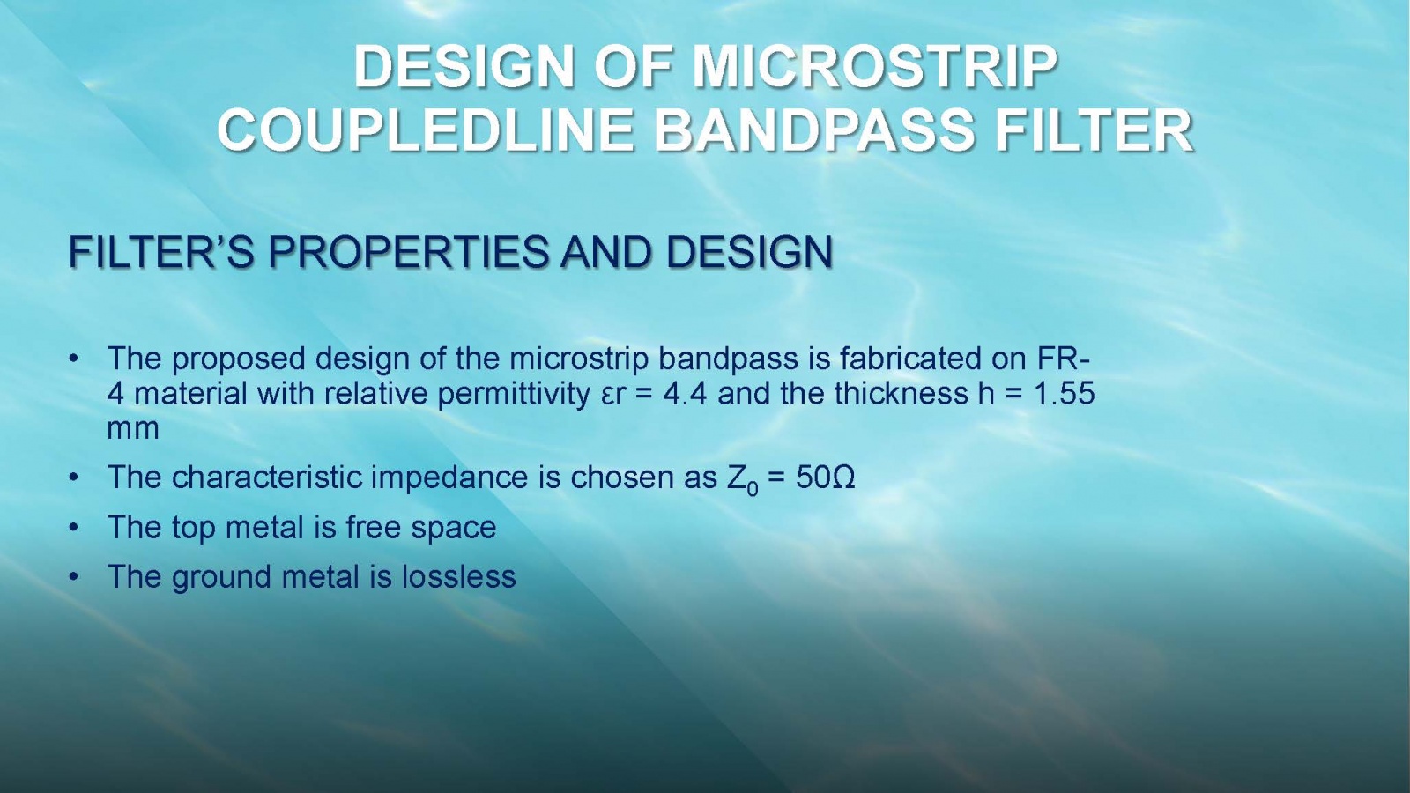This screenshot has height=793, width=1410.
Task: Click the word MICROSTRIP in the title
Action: [875, 67]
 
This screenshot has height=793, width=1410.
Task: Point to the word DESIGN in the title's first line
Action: [464, 67]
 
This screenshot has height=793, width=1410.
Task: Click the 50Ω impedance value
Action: [825, 478]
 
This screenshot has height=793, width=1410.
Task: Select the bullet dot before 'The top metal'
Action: [74, 528]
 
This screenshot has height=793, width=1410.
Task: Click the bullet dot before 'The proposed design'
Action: [74, 359]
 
